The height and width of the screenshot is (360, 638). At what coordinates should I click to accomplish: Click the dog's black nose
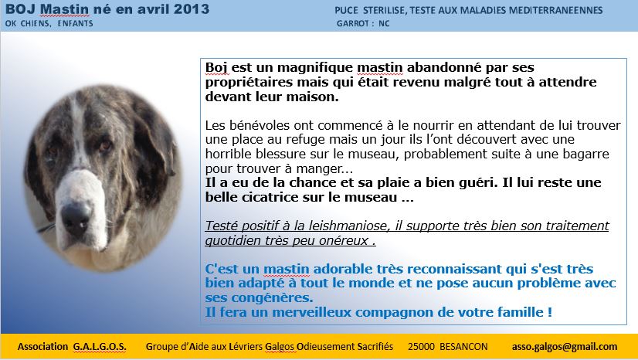tap(76, 215)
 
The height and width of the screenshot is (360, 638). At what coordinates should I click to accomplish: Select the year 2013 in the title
tap(192, 9)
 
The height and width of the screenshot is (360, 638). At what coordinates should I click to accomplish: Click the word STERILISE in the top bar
tap(384, 11)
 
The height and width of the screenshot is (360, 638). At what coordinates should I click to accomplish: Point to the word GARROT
tap(353, 24)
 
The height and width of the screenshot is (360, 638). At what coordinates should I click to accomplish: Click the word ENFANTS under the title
tap(75, 24)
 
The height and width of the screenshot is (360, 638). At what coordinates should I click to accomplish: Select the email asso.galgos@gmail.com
tap(565, 347)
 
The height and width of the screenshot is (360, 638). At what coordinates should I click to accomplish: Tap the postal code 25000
tap(421, 347)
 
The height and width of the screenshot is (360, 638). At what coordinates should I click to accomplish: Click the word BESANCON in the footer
tap(463, 347)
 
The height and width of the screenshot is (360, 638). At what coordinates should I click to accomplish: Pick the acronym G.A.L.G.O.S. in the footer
tap(100, 347)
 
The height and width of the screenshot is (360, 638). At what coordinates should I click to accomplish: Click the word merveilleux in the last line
tap(311, 312)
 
